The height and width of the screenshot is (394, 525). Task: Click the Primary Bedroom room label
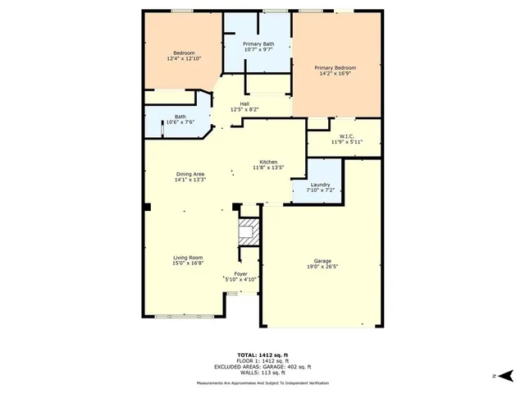[336, 67]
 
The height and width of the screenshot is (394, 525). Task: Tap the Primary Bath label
[259, 44]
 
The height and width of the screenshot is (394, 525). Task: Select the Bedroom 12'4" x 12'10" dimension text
[184, 59]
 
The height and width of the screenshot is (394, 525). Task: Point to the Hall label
[244, 103]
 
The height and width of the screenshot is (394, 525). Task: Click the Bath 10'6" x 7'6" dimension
[180, 122]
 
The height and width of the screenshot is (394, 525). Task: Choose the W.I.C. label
[346, 136]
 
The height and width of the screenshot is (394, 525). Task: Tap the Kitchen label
[268, 162]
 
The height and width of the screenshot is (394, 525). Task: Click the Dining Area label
[189, 173]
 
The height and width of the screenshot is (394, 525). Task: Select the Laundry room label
[320, 185]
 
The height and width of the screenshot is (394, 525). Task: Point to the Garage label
[322, 260]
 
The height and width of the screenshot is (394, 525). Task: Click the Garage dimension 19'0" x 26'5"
[322, 266]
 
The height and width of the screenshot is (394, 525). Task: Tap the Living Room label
[188, 258]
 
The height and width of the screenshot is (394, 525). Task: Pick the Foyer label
[241, 273]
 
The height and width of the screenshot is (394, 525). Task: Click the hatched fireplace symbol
[248, 231]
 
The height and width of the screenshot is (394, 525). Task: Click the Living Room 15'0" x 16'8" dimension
[188, 263]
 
